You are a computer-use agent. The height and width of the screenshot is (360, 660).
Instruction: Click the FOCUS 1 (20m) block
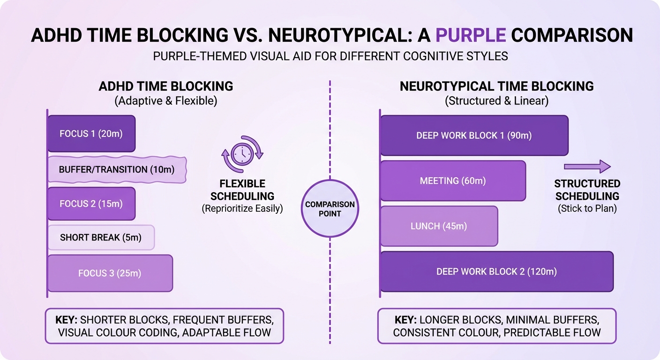click(x=91, y=134)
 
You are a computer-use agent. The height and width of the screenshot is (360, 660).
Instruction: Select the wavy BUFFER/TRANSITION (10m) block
click(x=117, y=169)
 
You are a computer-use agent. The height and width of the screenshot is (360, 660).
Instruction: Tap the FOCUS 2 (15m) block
click(x=91, y=204)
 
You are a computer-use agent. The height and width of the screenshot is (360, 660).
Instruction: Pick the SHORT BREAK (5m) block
click(x=101, y=238)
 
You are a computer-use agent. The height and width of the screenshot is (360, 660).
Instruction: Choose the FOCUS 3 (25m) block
click(x=110, y=273)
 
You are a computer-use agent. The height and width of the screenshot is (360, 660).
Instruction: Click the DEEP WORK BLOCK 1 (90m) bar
click(x=474, y=135)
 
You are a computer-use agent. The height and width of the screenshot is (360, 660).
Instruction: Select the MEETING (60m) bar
click(x=453, y=180)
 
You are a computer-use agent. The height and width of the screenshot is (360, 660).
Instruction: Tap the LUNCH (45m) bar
click(x=439, y=226)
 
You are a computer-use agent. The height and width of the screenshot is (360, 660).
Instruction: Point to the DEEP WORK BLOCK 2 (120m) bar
click(x=496, y=271)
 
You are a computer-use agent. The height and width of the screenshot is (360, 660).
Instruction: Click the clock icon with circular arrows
click(x=243, y=154)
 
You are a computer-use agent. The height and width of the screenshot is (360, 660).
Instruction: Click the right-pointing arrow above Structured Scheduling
click(x=587, y=166)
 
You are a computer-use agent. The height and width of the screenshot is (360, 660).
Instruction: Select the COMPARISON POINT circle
click(x=330, y=209)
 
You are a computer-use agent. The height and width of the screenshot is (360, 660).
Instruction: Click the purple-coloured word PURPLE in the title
click(x=470, y=35)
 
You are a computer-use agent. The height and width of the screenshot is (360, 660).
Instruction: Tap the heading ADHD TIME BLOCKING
click(x=165, y=86)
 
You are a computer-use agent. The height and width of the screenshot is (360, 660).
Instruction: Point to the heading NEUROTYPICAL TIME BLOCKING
click(x=496, y=86)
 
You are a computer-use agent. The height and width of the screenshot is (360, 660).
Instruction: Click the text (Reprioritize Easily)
click(x=242, y=209)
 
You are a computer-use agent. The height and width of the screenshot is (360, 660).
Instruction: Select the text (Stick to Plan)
click(x=587, y=209)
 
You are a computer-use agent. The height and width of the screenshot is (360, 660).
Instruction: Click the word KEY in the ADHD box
click(x=67, y=320)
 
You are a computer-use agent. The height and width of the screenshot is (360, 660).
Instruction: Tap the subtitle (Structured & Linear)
click(x=496, y=101)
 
